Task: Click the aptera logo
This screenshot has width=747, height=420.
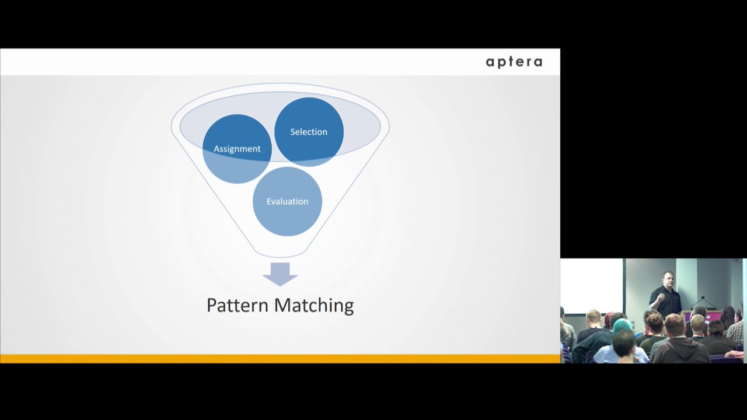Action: pyautogui.click(x=514, y=62)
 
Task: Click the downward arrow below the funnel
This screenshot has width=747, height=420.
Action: pyautogui.click(x=280, y=274)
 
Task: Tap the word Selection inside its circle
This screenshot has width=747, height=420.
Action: pyautogui.click(x=309, y=132)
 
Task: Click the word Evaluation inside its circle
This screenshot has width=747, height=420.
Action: pyautogui.click(x=287, y=201)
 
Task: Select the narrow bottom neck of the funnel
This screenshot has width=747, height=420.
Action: pyautogui.click(x=280, y=252)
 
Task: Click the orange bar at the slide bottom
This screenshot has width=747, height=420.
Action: pyautogui.click(x=280, y=359)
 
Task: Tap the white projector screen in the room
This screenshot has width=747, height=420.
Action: pyautogui.click(x=591, y=286)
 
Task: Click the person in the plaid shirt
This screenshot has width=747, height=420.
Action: pyautogui.click(x=736, y=332)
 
